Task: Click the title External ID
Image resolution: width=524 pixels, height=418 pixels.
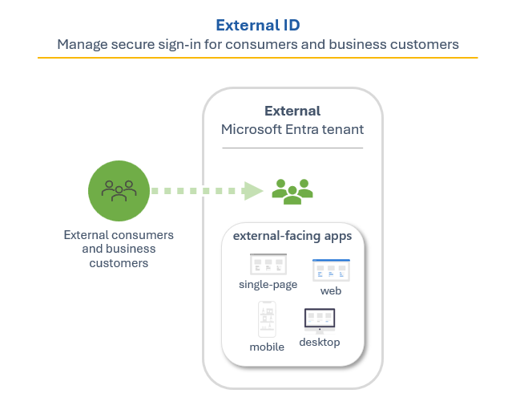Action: coord(257,25)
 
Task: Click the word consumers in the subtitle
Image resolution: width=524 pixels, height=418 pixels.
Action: coord(287,45)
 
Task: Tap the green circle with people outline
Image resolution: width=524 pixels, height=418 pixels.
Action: coord(119,191)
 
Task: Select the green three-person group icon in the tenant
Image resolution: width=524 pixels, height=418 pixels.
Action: coord(292,191)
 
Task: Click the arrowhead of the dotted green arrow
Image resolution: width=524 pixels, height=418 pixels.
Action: coord(253,191)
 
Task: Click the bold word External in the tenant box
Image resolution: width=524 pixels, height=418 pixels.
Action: coord(292,112)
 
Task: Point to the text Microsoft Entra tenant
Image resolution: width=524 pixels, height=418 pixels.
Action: coord(292,129)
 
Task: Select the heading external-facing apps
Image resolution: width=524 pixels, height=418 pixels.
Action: coord(292,236)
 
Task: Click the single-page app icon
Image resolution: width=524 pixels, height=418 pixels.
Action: coord(268,265)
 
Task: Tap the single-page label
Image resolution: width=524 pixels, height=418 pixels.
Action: coord(268,284)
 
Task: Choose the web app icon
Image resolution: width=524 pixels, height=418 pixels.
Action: coord(331,270)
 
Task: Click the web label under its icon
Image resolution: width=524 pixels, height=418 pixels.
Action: coord(331,290)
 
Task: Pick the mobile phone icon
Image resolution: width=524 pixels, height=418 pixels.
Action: coord(267,319)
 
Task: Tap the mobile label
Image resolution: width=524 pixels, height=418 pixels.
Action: coord(267,347)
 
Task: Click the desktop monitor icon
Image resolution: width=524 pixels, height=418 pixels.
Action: coord(320,320)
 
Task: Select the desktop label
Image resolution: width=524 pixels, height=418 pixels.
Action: coord(320,343)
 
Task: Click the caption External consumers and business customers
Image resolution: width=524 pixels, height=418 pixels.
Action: coord(119,249)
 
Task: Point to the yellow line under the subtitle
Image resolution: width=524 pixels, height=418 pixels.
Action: coord(257,58)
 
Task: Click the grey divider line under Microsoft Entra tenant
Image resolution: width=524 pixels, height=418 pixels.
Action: coord(292,148)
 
